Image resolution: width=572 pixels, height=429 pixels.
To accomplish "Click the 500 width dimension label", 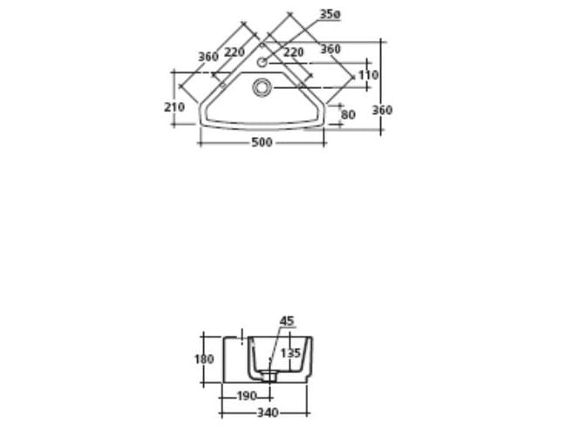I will click(x=262, y=142).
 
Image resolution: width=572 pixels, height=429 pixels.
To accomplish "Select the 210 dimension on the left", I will click(x=174, y=106).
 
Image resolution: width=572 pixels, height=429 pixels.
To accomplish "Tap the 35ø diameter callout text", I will click(x=329, y=15).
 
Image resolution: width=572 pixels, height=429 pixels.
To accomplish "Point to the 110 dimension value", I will click(x=368, y=76).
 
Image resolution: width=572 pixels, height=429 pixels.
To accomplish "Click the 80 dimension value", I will click(x=348, y=114).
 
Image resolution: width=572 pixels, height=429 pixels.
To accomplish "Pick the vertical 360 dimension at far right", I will click(x=382, y=111).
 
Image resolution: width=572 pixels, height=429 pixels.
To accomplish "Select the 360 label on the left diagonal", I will click(x=208, y=57).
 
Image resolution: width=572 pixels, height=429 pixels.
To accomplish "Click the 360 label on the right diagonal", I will click(x=330, y=50).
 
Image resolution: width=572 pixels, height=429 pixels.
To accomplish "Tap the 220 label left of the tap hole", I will click(x=235, y=52).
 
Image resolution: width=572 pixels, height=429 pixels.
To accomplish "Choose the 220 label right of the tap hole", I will click(x=293, y=52).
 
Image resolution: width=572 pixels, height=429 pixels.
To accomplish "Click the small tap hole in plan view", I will click(x=262, y=62).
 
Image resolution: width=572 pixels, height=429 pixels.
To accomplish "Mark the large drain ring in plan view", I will click(x=262, y=86).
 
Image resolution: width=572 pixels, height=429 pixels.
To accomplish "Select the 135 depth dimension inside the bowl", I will click(x=290, y=353).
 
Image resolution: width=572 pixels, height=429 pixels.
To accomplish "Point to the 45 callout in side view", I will click(x=287, y=321).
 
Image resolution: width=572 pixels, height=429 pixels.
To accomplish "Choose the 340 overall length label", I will click(x=268, y=412).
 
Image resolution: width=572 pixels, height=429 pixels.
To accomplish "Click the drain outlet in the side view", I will click(x=269, y=378).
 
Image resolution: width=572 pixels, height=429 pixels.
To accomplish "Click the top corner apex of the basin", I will click(x=262, y=37).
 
